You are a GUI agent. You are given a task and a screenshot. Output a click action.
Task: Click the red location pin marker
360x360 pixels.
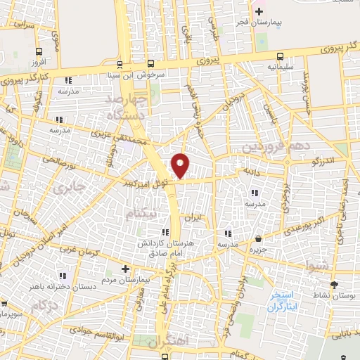pyautogui.click(x=181, y=165)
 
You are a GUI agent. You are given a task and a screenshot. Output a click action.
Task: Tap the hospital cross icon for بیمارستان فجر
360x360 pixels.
pyautogui.click(x=259, y=11)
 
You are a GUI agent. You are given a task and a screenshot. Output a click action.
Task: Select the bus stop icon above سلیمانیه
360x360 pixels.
pyautogui.click(x=281, y=56)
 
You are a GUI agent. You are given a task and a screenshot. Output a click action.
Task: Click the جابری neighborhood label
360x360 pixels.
pyautogui.click(x=69, y=188)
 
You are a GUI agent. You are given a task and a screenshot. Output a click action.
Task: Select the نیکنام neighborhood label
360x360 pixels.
pyautogui.click(x=143, y=212)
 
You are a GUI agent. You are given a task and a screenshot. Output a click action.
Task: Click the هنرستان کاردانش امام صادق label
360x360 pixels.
pyautogui.click(x=165, y=247)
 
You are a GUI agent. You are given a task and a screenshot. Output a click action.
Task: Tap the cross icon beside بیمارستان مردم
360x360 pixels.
pyautogui.click(x=125, y=269)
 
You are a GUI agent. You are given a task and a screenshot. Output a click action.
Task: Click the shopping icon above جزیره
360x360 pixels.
pyautogui.click(x=259, y=238)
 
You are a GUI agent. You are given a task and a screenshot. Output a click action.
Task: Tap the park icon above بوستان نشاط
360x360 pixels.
pyautogui.click(x=334, y=285)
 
